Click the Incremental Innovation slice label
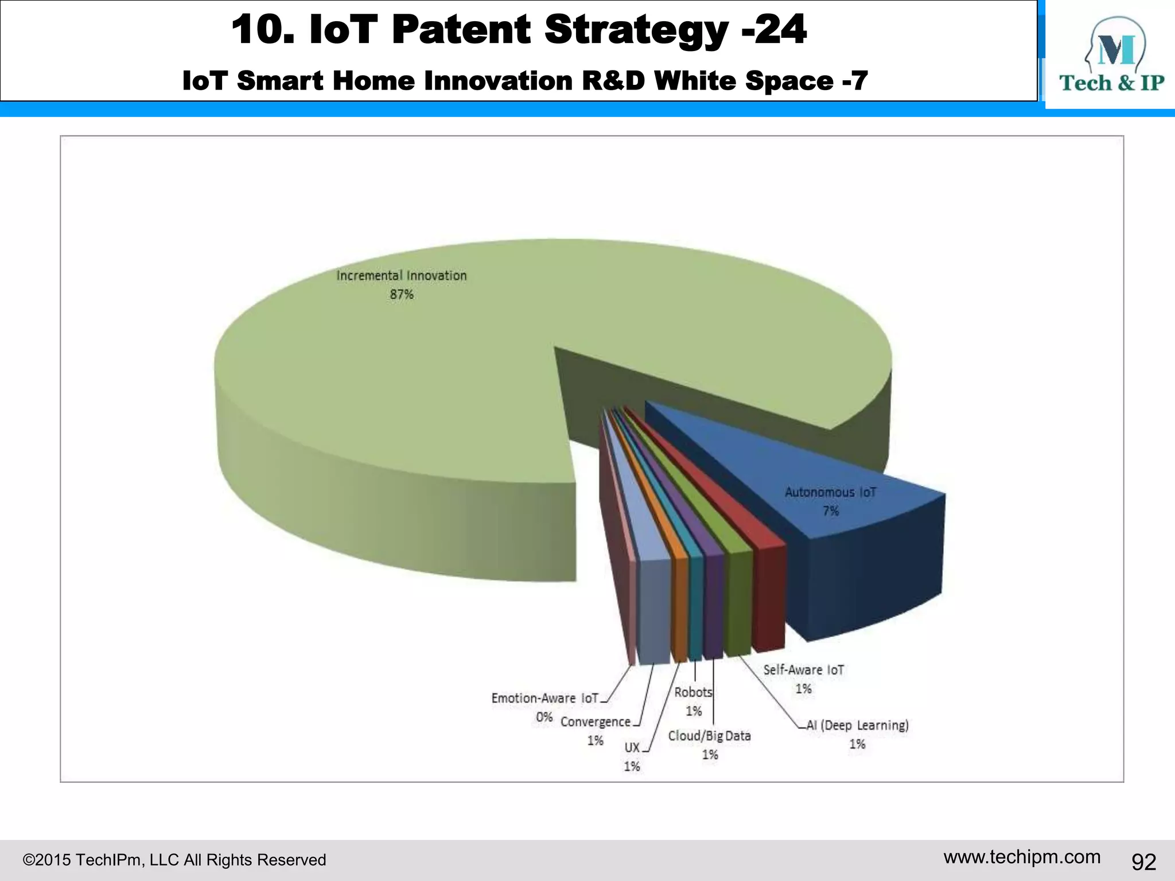click(401, 276)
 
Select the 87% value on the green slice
click(402, 295)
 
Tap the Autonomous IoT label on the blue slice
click(830, 492)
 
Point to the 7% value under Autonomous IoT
click(830, 511)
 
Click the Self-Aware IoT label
click(803, 670)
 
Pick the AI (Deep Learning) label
click(858, 726)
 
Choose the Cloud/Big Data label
click(710, 736)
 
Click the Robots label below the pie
click(693, 692)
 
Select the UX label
click(632, 748)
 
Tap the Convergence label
click(596, 722)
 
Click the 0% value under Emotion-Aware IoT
click(544, 718)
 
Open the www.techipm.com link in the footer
click(1022, 857)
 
